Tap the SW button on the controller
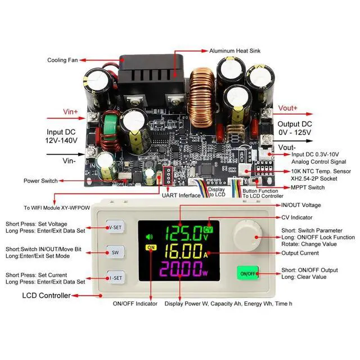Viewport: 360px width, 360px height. pos(115,253)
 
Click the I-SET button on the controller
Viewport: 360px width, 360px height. pos(116,277)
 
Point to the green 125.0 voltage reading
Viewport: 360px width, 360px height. pos(184,233)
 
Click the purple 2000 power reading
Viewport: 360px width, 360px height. pos(181,269)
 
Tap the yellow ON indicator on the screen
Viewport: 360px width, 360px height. pos(151,247)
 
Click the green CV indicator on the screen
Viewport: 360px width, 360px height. pos(208,230)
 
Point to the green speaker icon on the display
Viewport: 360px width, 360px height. pos(149,237)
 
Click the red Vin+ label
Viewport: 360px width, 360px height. pos(70,112)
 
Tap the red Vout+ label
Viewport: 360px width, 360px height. pos(287,108)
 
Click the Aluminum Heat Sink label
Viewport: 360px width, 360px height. pos(235,51)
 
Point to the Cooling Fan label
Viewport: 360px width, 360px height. pos(62,60)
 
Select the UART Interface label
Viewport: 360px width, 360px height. pos(181,195)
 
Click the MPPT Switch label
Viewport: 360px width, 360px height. pos(308,187)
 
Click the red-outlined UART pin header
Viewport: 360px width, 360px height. pos(168,175)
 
